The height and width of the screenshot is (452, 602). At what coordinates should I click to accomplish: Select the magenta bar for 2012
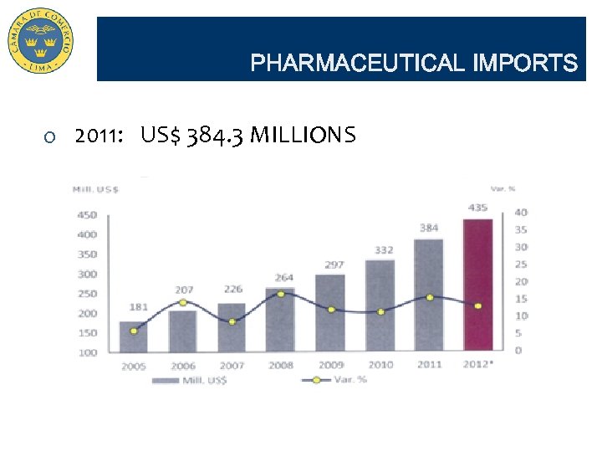(478, 285)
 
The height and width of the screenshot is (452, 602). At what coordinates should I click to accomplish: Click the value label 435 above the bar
(478, 208)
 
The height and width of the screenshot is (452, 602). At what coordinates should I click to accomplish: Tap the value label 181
(139, 307)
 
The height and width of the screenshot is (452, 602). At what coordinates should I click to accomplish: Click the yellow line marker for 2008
(281, 294)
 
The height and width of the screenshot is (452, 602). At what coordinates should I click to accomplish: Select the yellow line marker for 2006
(183, 302)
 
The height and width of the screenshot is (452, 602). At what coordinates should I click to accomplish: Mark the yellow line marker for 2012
(478, 306)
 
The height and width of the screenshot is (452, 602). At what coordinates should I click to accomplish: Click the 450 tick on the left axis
(87, 215)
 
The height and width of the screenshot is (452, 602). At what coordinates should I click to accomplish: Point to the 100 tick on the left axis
(87, 352)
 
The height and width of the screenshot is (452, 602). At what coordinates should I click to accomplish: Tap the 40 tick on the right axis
(520, 212)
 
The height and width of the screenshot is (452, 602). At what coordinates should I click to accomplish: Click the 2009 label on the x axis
(330, 365)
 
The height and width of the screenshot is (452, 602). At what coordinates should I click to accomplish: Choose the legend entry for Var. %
(334, 379)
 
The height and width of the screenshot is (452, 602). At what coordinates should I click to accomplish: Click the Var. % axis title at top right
(502, 188)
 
